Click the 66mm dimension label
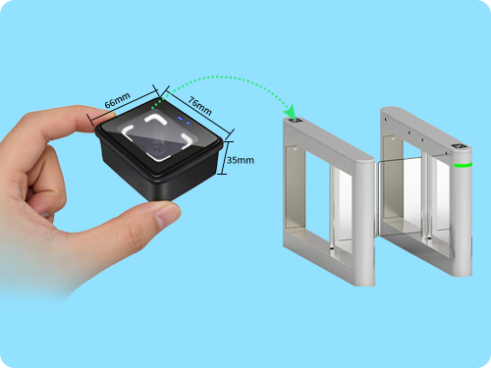tap(118, 100)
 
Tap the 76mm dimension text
tap(199, 106)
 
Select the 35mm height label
tap(241, 160)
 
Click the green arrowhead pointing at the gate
tap(290, 112)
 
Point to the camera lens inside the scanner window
tap(155, 149)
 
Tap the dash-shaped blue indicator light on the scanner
tap(180, 118)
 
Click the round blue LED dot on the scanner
tap(189, 123)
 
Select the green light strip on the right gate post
tap(463, 165)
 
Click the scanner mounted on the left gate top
tap(297, 121)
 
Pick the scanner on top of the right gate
tap(459, 147)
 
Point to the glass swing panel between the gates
tap(400, 196)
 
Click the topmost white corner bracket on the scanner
tap(156, 119)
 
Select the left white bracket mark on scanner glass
tap(128, 131)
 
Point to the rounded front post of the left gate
tap(365, 223)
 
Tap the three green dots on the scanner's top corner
tap(157, 103)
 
